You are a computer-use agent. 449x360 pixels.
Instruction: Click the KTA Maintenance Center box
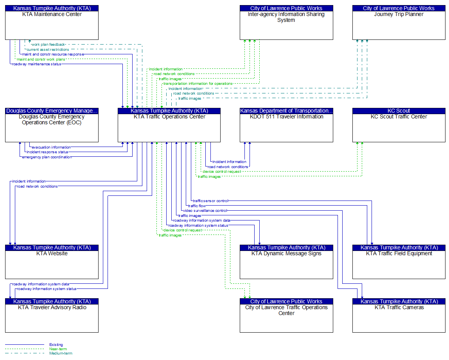pyautogui.click(x=52, y=22)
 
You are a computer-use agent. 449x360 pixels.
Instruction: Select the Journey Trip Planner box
pyautogui.click(x=399, y=22)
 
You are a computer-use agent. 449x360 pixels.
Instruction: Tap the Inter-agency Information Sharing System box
pyautogui.click(x=286, y=22)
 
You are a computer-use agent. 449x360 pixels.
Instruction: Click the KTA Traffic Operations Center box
pyautogui.click(x=169, y=125)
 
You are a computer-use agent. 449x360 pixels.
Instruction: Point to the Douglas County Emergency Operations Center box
pyautogui.click(x=52, y=125)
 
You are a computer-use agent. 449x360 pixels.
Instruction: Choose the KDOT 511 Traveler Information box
pyautogui.click(x=286, y=125)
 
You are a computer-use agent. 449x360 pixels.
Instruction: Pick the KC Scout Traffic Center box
pyautogui.click(x=399, y=125)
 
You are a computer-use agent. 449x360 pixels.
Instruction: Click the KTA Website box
pyautogui.click(x=52, y=261)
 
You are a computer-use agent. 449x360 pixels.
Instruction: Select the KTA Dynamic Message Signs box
pyautogui.click(x=286, y=261)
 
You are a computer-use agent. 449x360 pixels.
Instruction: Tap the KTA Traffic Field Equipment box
pyautogui.click(x=399, y=261)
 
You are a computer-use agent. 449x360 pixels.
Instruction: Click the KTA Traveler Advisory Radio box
pyautogui.click(x=52, y=315)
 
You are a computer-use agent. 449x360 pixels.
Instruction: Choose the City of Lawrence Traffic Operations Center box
pyautogui.click(x=286, y=315)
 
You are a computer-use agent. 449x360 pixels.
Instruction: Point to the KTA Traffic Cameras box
pyautogui.click(x=399, y=315)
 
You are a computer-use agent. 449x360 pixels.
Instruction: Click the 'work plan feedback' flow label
pyautogui.click(x=48, y=45)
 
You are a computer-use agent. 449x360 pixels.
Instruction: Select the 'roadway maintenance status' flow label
pyautogui.click(x=37, y=64)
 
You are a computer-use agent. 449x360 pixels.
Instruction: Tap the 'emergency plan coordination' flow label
pyautogui.click(x=47, y=157)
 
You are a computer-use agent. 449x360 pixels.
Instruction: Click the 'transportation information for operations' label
pyautogui.click(x=198, y=84)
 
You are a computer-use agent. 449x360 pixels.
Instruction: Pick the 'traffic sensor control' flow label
pyautogui.click(x=210, y=201)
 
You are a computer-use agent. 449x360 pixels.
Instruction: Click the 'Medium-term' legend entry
pyautogui.click(x=61, y=353)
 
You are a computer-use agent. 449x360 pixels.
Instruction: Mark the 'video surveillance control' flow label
pyautogui.click(x=205, y=211)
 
